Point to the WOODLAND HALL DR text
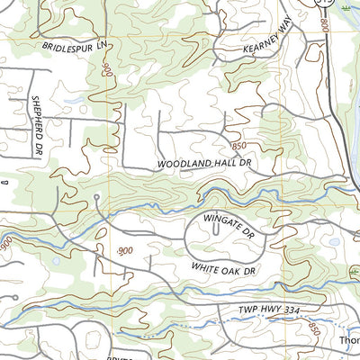[x=201, y=165]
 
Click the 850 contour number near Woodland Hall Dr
[x=238, y=145]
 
